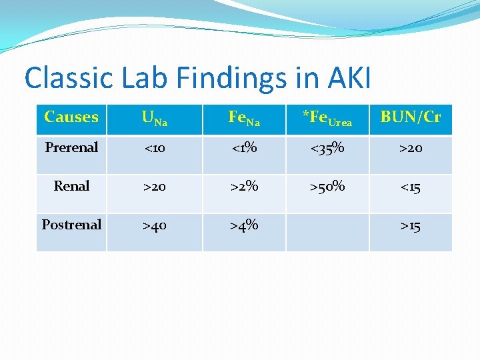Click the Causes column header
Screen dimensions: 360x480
(71, 117)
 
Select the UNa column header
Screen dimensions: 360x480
(154, 119)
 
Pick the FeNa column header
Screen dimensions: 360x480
(244, 119)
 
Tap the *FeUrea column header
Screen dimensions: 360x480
(327, 119)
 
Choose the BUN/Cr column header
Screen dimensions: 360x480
(411, 117)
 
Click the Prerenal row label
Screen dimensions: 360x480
(71, 147)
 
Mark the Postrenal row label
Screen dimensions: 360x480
(71, 225)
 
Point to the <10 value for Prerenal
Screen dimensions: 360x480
(154, 148)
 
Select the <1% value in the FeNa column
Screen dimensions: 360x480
(244, 148)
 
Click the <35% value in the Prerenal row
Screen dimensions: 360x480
(327, 148)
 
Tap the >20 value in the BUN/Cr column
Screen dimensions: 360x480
(411, 148)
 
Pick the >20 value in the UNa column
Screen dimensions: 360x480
(154, 187)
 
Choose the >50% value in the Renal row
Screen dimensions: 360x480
(327, 187)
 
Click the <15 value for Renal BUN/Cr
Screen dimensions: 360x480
(411, 187)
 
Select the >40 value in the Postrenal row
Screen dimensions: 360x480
(154, 226)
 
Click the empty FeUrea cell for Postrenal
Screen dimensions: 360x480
(327, 232)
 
